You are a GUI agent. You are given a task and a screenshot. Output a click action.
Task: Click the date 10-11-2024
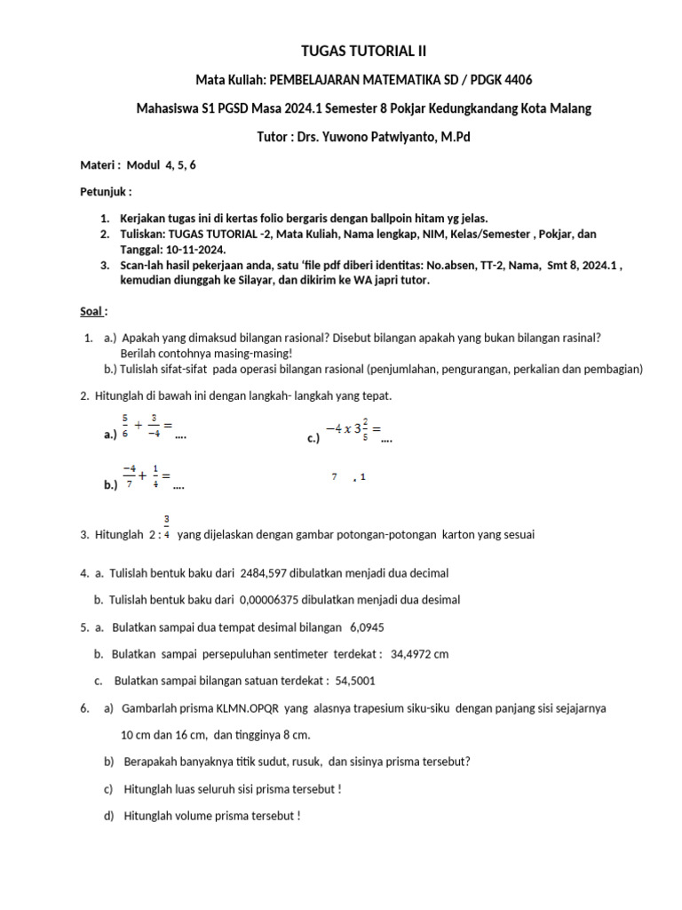point(196,248)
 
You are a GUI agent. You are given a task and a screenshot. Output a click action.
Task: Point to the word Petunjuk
point(105,191)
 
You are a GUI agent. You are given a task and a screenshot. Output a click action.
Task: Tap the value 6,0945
point(367,627)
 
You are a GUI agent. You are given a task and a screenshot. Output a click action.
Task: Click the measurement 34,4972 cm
point(419,654)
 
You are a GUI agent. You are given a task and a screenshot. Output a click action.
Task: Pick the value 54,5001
point(355,682)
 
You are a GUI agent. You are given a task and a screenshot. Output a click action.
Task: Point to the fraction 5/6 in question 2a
point(125,427)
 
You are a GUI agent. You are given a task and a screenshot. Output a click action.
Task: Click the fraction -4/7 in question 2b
point(130,477)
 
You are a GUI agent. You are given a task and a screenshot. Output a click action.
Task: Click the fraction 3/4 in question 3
point(167,527)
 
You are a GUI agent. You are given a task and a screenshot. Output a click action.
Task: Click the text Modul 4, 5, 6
point(162,164)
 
